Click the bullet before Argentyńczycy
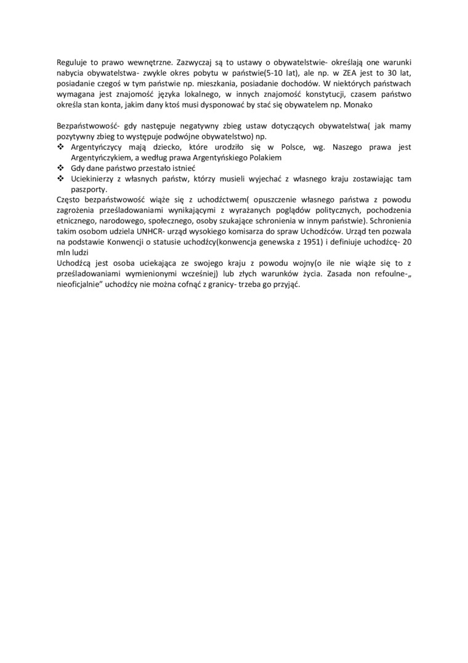[x=60, y=147]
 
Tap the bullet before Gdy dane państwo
[x=60, y=168]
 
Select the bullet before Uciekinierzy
[x=60, y=179]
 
